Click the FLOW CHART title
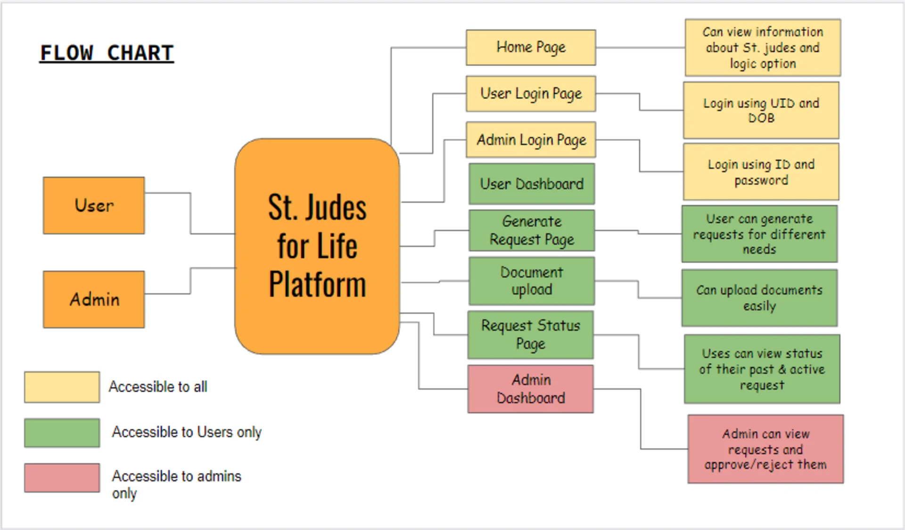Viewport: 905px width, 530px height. click(x=107, y=53)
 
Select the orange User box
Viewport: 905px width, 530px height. click(x=94, y=206)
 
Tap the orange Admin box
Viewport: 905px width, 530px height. click(x=94, y=299)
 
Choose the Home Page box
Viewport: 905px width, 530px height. click(x=531, y=48)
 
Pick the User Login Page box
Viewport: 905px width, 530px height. click(x=531, y=94)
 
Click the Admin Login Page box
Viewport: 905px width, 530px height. click(x=531, y=140)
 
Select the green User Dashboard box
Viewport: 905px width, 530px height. click(x=532, y=184)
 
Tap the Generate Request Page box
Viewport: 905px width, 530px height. click(x=532, y=231)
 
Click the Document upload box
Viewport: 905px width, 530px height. click(x=532, y=281)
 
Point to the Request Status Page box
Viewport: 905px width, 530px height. click(x=530, y=335)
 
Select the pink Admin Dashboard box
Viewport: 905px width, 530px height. click(x=530, y=389)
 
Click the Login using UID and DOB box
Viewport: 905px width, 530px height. click(x=761, y=110)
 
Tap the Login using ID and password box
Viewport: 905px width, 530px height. click(x=761, y=172)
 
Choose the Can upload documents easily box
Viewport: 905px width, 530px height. click(x=759, y=298)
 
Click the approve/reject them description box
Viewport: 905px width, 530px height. click(x=765, y=449)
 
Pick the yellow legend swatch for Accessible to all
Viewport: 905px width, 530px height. click(x=62, y=387)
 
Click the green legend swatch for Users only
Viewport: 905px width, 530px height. click(x=62, y=432)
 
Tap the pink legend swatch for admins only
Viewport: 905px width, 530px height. click(x=62, y=478)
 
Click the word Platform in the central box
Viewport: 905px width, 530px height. click(x=317, y=284)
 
